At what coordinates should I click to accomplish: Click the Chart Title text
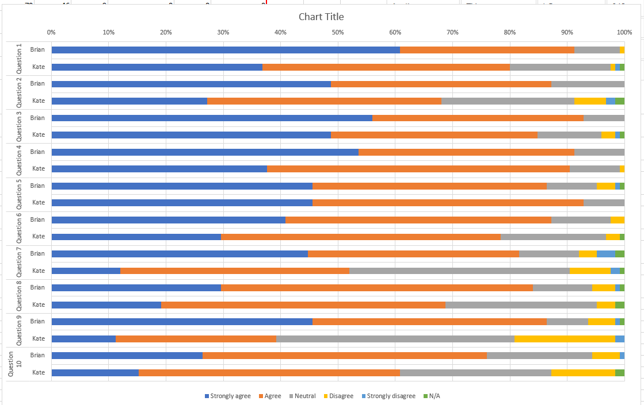click(x=321, y=17)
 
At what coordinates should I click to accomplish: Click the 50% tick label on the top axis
click(x=338, y=32)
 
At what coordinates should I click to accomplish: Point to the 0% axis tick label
click(x=51, y=32)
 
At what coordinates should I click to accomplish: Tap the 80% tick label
click(x=510, y=32)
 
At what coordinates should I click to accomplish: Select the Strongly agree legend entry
click(x=227, y=396)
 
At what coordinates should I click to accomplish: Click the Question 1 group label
click(x=19, y=58)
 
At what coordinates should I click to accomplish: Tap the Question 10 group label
click(x=15, y=364)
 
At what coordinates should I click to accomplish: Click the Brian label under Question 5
click(x=37, y=186)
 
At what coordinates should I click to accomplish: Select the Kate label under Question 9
click(x=39, y=338)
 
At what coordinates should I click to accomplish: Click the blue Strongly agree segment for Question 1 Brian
click(x=226, y=50)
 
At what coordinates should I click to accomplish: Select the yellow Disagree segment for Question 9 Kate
click(x=565, y=338)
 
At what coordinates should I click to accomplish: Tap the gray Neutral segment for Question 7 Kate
click(x=459, y=271)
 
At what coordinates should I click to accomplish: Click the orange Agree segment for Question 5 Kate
click(x=448, y=203)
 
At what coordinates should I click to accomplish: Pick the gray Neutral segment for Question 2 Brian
click(x=588, y=84)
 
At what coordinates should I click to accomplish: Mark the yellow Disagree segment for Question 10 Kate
click(x=583, y=372)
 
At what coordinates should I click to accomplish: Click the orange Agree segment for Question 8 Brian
click(x=376, y=287)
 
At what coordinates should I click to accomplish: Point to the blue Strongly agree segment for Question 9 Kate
click(x=83, y=338)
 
